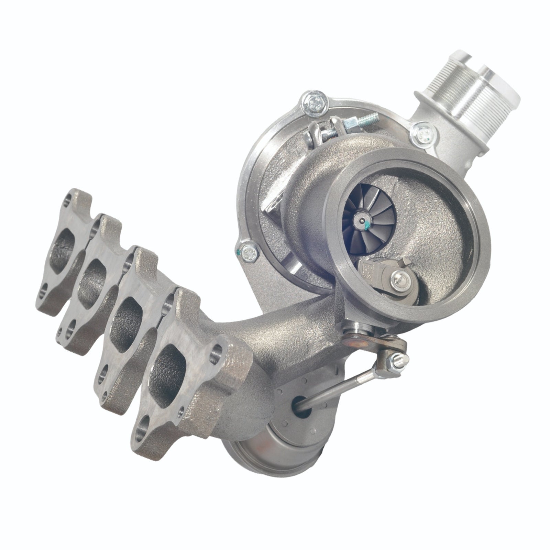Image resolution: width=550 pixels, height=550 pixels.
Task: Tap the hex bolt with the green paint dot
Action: pyautogui.click(x=247, y=253)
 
